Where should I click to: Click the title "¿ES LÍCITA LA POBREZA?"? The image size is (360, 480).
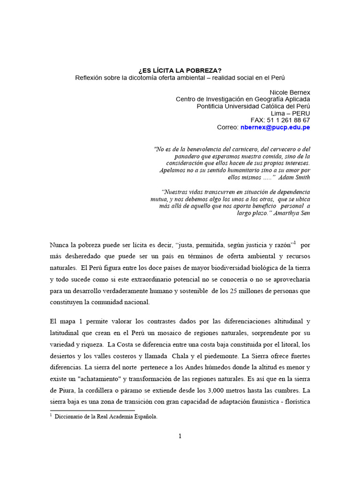pyautogui.click(x=180, y=70)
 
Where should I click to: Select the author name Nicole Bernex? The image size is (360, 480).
pyautogui.click(x=290, y=92)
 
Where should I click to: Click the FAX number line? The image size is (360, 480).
pyautogui.click(x=280, y=120)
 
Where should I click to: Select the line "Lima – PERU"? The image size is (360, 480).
pyautogui.click(x=291, y=113)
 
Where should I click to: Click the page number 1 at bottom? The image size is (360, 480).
pyautogui.click(x=180, y=436)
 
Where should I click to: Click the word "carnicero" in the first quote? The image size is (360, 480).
pyautogui.click(x=244, y=150)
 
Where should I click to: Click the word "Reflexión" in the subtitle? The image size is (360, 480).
pyautogui.click(x=90, y=77)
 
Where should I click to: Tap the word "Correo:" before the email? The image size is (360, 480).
pyautogui.click(x=227, y=127)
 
